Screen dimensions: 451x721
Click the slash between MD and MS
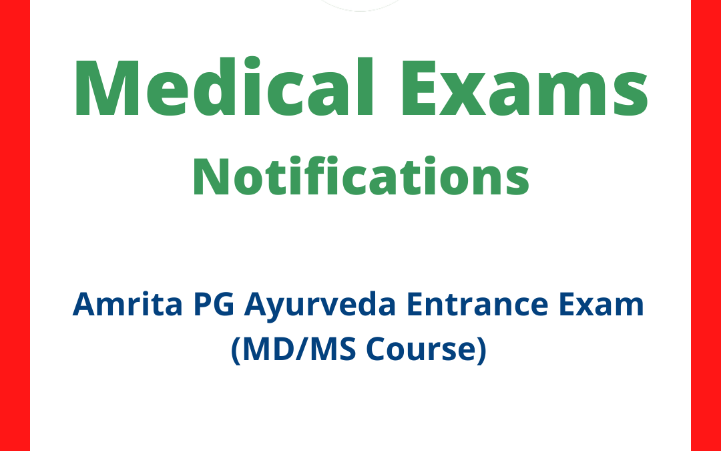[x=300, y=351]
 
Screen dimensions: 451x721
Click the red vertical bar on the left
[x=15, y=225]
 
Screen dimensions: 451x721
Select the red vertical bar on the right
[x=706, y=225]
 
